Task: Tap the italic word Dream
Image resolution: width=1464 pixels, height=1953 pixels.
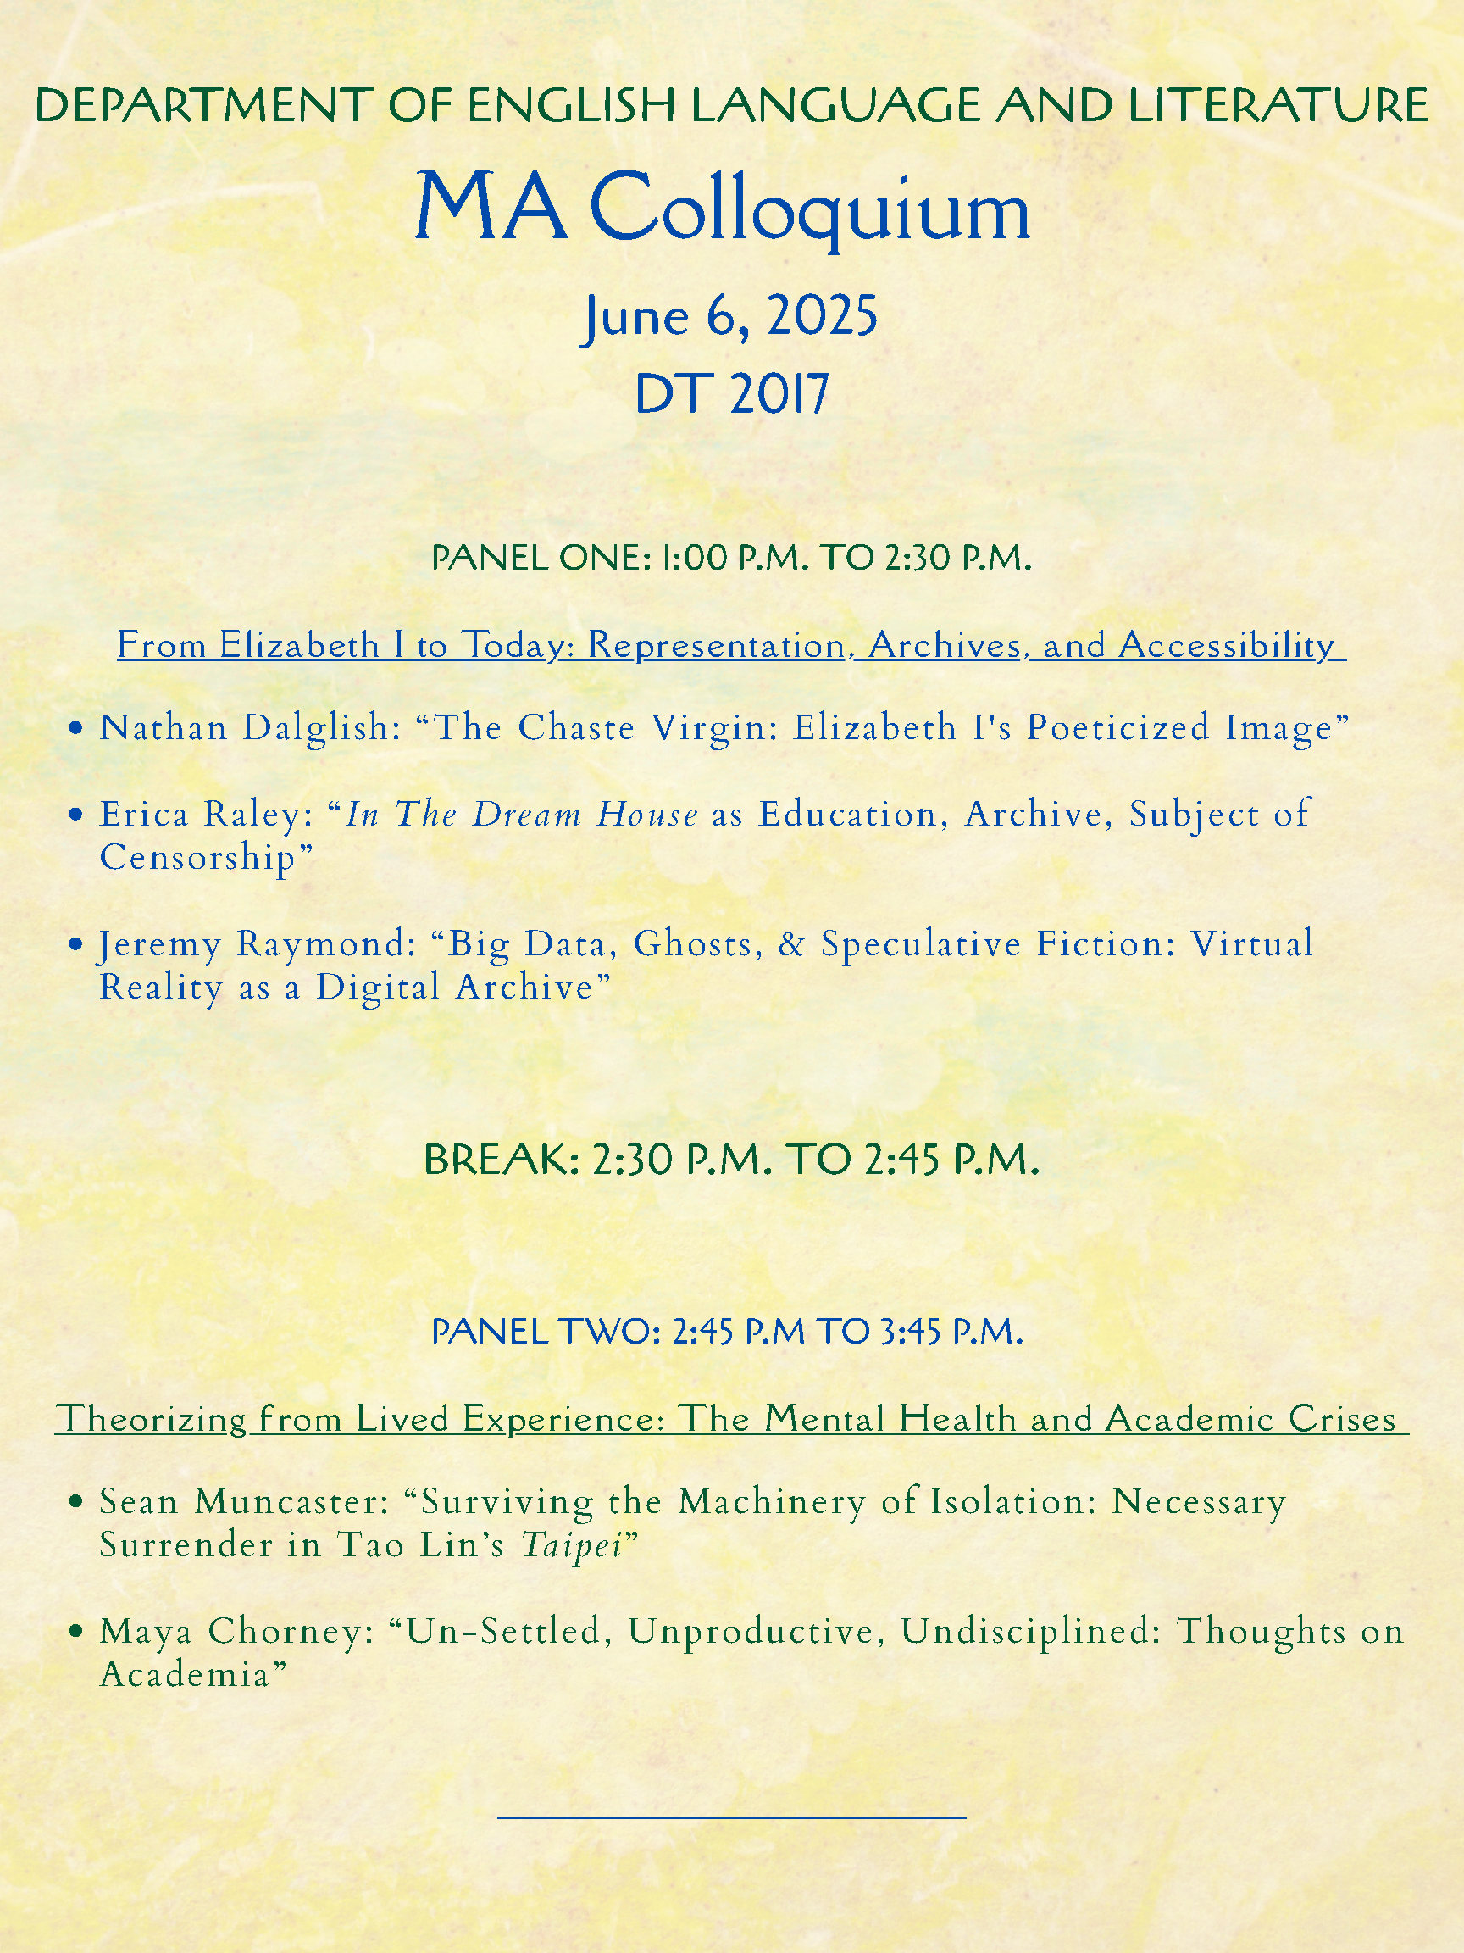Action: tap(527, 814)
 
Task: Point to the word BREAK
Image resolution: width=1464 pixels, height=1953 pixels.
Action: tap(501, 1160)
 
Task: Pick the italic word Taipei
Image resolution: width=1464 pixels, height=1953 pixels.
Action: tap(571, 1545)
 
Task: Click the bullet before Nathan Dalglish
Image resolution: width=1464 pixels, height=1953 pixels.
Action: tap(79, 729)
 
